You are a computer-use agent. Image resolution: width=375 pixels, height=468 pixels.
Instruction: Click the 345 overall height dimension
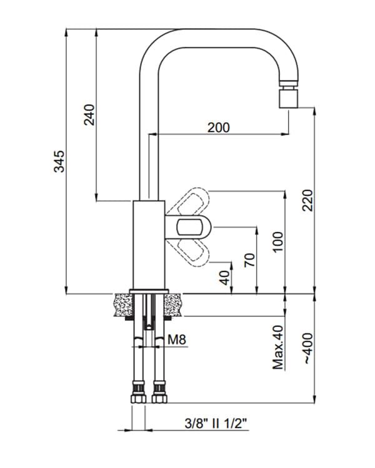(x=59, y=162)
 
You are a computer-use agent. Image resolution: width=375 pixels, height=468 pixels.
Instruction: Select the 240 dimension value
(x=89, y=115)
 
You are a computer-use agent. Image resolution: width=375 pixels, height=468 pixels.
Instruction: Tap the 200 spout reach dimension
(x=219, y=128)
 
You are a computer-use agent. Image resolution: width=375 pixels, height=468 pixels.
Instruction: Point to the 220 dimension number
(x=307, y=200)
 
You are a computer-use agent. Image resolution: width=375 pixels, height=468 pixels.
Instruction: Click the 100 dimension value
(x=277, y=241)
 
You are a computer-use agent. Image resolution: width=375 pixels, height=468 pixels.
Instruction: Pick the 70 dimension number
(x=249, y=260)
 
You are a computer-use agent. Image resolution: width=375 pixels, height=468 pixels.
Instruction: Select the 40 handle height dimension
(x=224, y=278)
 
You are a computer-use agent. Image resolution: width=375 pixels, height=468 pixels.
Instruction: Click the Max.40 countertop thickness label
(x=277, y=348)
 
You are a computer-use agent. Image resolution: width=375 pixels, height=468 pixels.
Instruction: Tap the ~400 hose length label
(x=308, y=348)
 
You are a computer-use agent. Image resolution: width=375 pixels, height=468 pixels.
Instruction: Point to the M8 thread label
(x=177, y=339)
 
